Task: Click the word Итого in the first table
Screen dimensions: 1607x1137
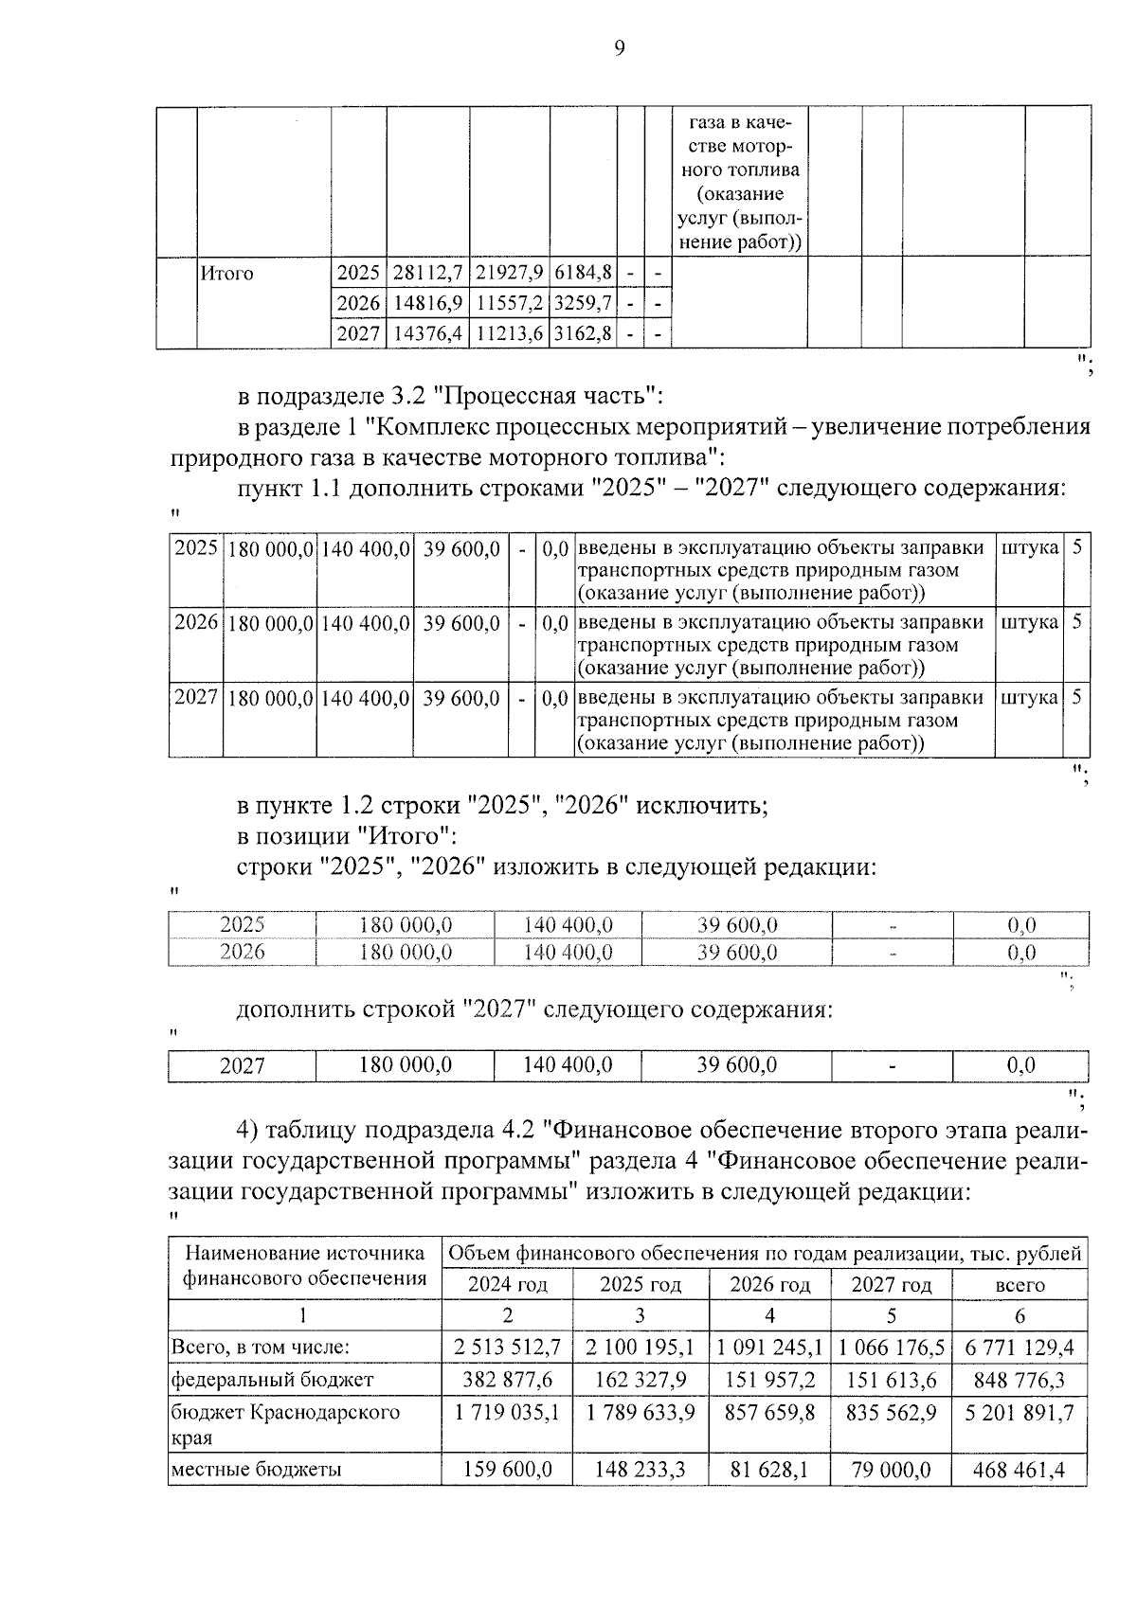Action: [x=227, y=274]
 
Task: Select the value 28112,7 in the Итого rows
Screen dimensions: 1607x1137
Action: [x=427, y=274]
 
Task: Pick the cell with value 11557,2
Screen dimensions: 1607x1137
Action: [x=509, y=304]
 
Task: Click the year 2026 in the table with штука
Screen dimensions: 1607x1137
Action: [x=196, y=623]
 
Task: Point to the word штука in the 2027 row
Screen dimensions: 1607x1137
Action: [x=1029, y=698]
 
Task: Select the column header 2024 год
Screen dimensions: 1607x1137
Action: [x=508, y=1285]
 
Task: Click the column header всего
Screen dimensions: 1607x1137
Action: [x=1020, y=1285]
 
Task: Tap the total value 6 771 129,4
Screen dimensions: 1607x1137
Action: [x=1020, y=1347]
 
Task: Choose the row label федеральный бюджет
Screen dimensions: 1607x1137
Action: [x=272, y=1379]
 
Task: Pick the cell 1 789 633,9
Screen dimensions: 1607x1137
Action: [x=641, y=1412]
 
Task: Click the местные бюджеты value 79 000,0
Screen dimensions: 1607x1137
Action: [x=891, y=1470]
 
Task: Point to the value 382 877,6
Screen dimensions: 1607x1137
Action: [x=508, y=1379]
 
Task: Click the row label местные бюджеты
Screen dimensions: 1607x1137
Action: [x=256, y=1470]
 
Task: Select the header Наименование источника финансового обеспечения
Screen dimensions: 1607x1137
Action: [x=304, y=1266]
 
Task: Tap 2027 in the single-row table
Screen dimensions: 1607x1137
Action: [x=243, y=1066]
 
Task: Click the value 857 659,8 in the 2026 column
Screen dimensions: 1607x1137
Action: [x=769, y=1412]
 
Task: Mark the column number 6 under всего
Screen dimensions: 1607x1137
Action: [x=1020, y=1315]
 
